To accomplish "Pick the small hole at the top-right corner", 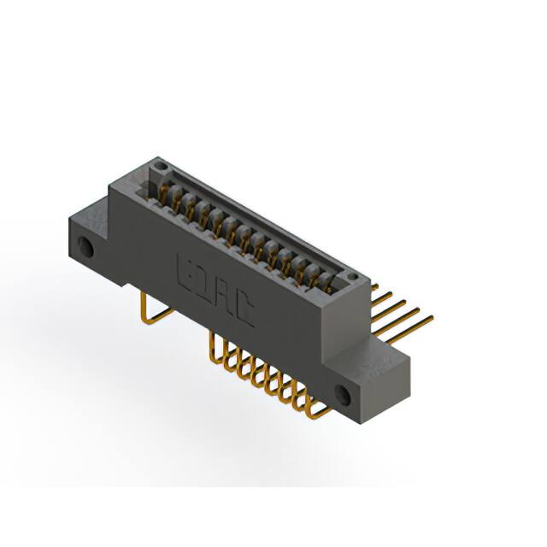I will (x=349, y=277).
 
